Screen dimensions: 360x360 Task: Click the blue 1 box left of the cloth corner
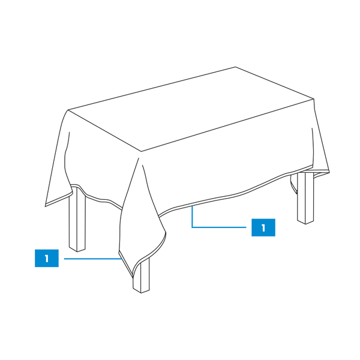click(47, 258)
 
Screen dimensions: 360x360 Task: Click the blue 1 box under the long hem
click(263, 227)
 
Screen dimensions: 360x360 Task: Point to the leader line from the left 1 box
click(93, 259)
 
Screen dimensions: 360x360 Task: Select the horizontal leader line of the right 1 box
click(219, 227)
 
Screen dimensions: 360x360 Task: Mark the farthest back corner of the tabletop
click(236, 67)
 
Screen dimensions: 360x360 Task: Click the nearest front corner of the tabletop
click(141, 152)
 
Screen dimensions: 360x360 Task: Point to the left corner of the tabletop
click(68, 110)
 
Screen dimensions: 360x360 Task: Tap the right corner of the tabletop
click(314, 99)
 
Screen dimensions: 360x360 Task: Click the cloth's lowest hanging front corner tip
click(133, 277)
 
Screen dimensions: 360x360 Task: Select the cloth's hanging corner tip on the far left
click(45, 206)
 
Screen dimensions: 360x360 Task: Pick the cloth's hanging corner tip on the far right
click(329, 172)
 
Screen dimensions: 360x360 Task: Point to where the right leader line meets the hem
click(192, 206)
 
